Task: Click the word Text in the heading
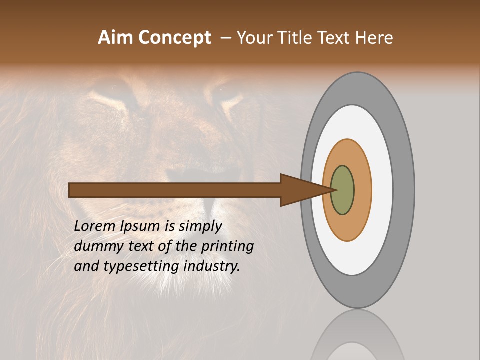coord(335,38)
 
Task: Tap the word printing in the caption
coord(227,246)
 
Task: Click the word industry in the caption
coord(212,267)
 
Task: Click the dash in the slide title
coord(226,38)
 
